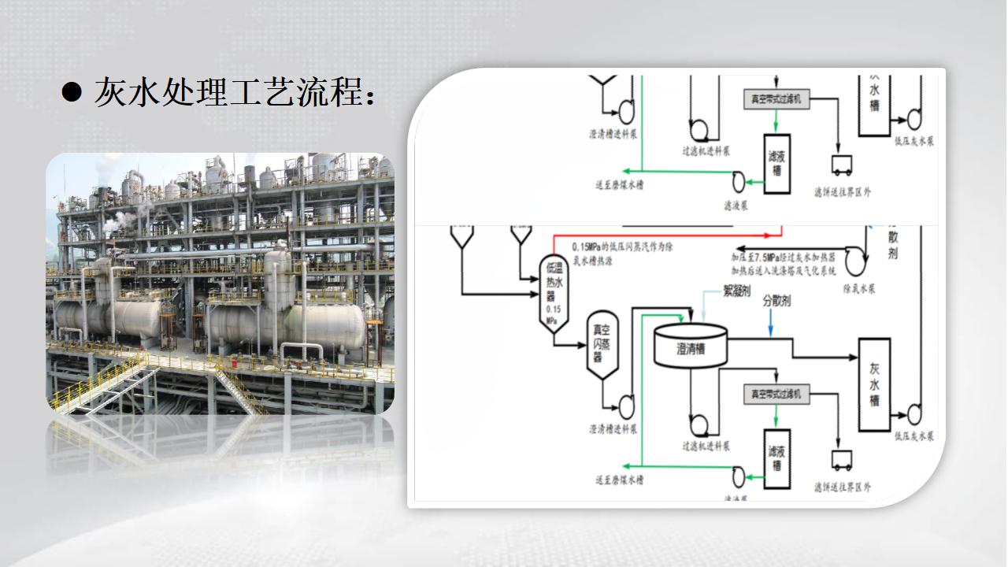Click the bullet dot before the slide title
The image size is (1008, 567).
coord(72,92)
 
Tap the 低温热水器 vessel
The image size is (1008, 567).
coord(554,295)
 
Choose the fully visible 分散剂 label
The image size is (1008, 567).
coord(776,301)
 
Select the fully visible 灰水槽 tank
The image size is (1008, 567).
coord(874,384)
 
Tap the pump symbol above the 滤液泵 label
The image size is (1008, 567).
coord(738,182)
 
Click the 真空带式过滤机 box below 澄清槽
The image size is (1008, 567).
coord(776,394)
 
